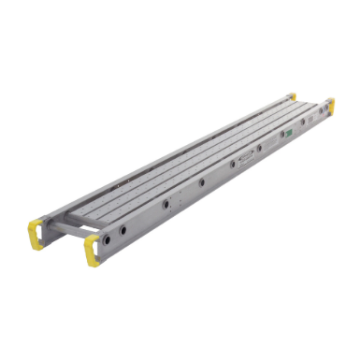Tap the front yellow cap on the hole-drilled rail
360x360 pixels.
pos(93,251)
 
